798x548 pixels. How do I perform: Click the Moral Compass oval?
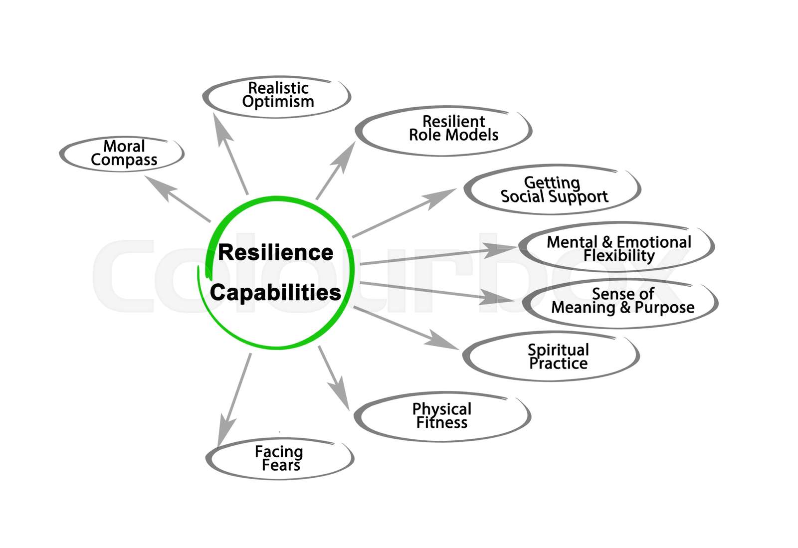tap(123, 154)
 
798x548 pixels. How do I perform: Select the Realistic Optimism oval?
tap(278, 96)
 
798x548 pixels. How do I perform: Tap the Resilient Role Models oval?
tap(444, 130)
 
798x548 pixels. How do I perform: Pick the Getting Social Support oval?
tap(553, 190)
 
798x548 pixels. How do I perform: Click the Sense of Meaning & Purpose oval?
tap(621, 302)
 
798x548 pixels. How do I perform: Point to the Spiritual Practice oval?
tap(552, 357)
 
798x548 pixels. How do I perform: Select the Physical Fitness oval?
tap(442, 416)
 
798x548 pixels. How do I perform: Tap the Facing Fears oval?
tap(279, 459)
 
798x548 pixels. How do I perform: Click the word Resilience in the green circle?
tap(275, 252)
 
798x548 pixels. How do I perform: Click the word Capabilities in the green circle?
tap(275, 293)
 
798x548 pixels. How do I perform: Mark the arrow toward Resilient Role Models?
tap(336, 171)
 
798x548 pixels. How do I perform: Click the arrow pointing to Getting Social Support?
tap(404, 212)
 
